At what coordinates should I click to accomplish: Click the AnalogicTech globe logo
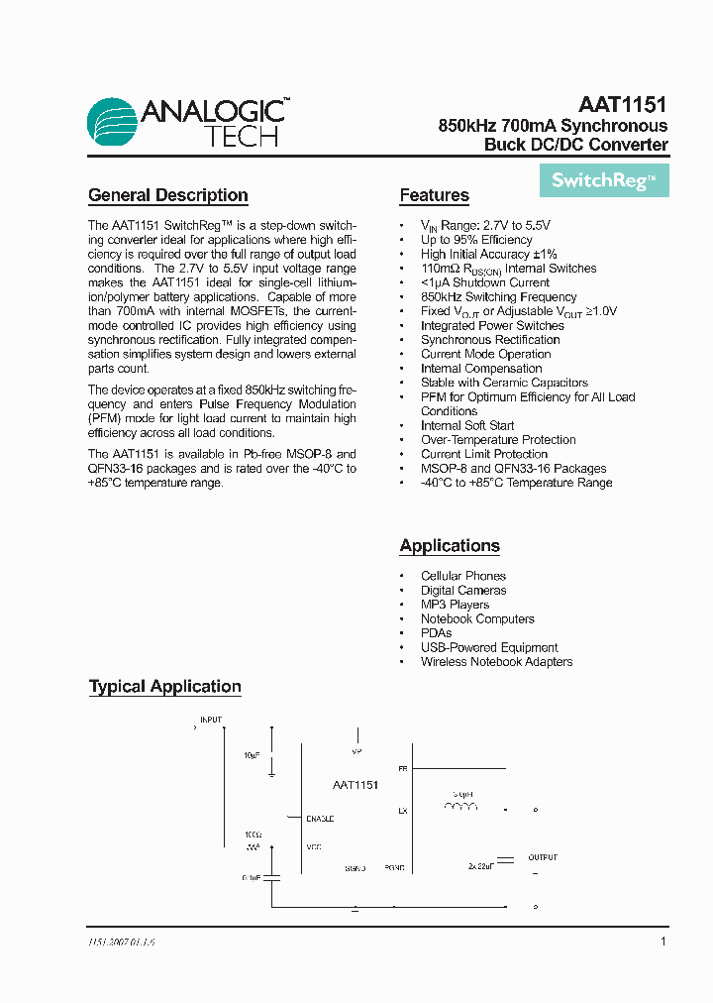click(113, 123)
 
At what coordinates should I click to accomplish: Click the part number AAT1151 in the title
click(622, 104)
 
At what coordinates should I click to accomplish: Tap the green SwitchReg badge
click(604, 180)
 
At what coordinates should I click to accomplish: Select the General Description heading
click(168, 195)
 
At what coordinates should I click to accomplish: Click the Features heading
click(434, 195)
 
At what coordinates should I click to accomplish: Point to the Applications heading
click(450, 546)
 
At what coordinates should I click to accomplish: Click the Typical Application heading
click(165, 686)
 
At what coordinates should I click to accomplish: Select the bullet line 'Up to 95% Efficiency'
click(476, 240)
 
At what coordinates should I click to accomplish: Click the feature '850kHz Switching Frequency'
click(498, 297)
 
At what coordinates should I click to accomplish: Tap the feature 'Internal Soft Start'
click(467, 426)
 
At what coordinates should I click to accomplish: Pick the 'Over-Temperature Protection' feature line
click(498, 440)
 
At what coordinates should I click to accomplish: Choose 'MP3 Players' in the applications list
click(455, 605)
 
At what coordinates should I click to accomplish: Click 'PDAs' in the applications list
click(436, 633)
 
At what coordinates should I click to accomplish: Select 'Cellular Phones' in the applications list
click(462, 576)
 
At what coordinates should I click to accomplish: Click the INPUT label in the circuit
click(212, 720)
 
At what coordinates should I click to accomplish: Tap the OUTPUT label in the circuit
click(542, 857)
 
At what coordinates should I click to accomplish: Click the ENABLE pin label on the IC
click(320, 819)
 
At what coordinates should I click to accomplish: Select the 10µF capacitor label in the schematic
click(252, 755)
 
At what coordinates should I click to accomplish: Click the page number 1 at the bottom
click(662, 942)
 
